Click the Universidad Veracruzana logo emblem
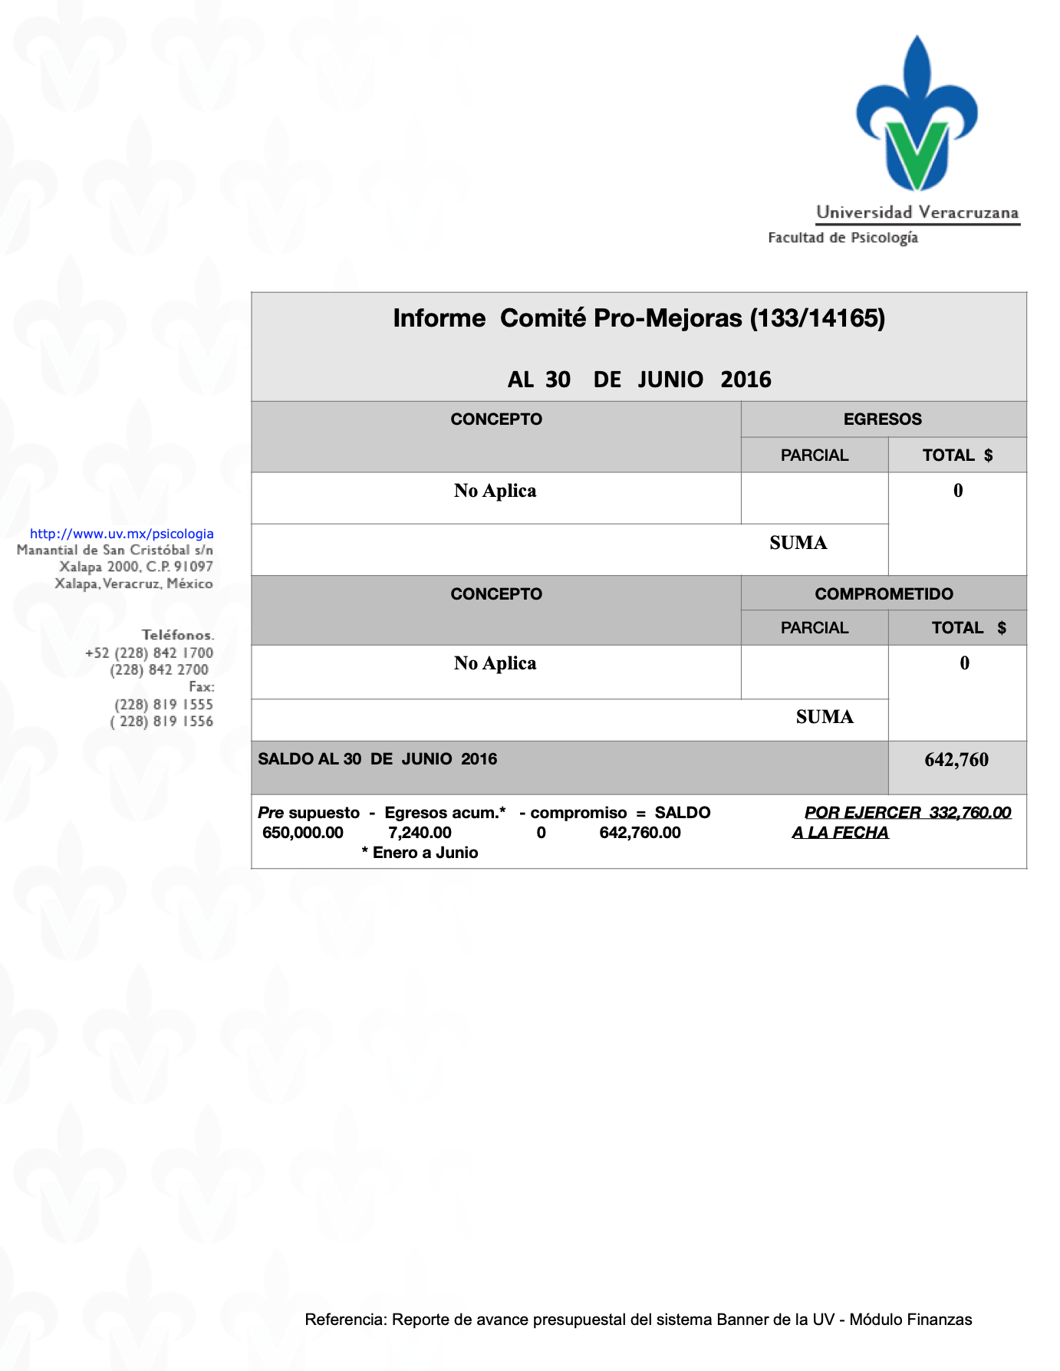[x=917, y=115]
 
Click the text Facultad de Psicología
[x=842, y=238]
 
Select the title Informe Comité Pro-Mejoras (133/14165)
[x=639, y=318]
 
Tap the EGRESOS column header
[x=882, y=419]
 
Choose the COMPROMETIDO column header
[x=884, y=593]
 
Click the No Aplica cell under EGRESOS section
[x=495, y=491]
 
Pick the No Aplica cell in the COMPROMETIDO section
[x=495, y=663]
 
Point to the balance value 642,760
[x=956, y=760]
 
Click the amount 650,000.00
[x=303, y=833]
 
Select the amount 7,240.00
[x=420, y=833]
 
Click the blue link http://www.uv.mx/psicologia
[x=122, y=534]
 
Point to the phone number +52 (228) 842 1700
[x=149, y=653]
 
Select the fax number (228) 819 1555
[x=163, y=704]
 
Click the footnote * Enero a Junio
[x=420, y=853]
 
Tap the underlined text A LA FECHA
[x=840, y=833]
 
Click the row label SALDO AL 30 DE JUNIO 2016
[x=377, y=759]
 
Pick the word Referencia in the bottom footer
[x=345, y=1320]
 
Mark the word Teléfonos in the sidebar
[x=177, y=635]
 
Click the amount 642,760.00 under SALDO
[x=640, y=833]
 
